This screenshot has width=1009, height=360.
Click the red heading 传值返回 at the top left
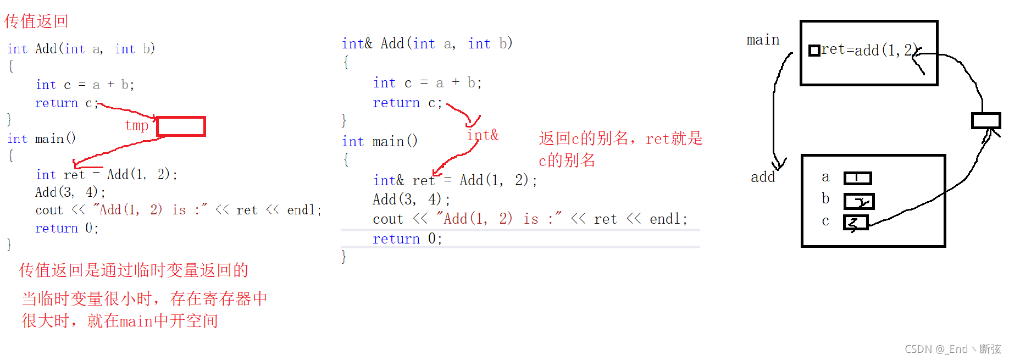click(x=36, y=21)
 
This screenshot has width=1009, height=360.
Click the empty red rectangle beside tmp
click(x=181, y=126)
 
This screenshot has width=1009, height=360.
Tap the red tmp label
click(x=136, y=125)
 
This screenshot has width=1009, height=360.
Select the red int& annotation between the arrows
click(x=483, y=135)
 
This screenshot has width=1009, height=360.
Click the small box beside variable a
click(x=857, y=178)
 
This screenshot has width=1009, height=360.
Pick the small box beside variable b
click(x=858, y=201)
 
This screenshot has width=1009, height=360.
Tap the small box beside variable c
click(x=856, y=223)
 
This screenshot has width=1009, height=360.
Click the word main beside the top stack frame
click(x=763, y=40)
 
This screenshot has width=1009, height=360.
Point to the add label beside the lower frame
click(x=763, y=177)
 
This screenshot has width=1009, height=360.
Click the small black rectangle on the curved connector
click(x=986, y=120)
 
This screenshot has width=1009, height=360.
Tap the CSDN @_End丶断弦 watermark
click(x=952, y=349)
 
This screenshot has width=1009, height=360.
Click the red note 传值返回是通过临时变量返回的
click(x=134, y=270)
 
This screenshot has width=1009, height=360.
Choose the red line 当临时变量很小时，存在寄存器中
click(x=145, y=298)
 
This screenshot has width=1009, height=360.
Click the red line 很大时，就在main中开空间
click(x=120, y=320)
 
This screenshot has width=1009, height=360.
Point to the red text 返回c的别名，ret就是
click(x=620, y=139)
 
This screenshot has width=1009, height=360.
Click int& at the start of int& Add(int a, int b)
click(x=357, y=43)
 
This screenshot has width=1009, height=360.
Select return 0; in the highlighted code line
click(x=407, y=239)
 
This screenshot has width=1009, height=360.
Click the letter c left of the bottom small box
click(x=825, y=221)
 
